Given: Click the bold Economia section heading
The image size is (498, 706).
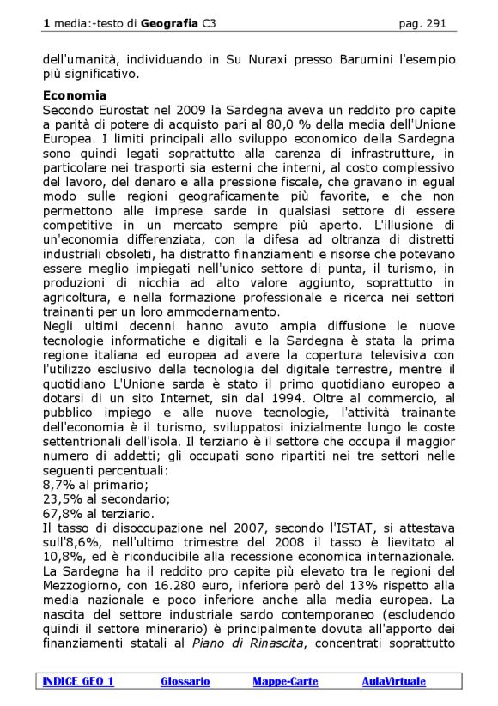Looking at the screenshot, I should tap(75, 95).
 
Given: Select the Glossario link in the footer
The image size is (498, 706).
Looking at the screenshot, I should tap(185, 681).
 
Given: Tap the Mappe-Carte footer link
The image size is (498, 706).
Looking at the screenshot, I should tap(285, 681).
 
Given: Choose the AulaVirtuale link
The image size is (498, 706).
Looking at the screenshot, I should tap(393, 681).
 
